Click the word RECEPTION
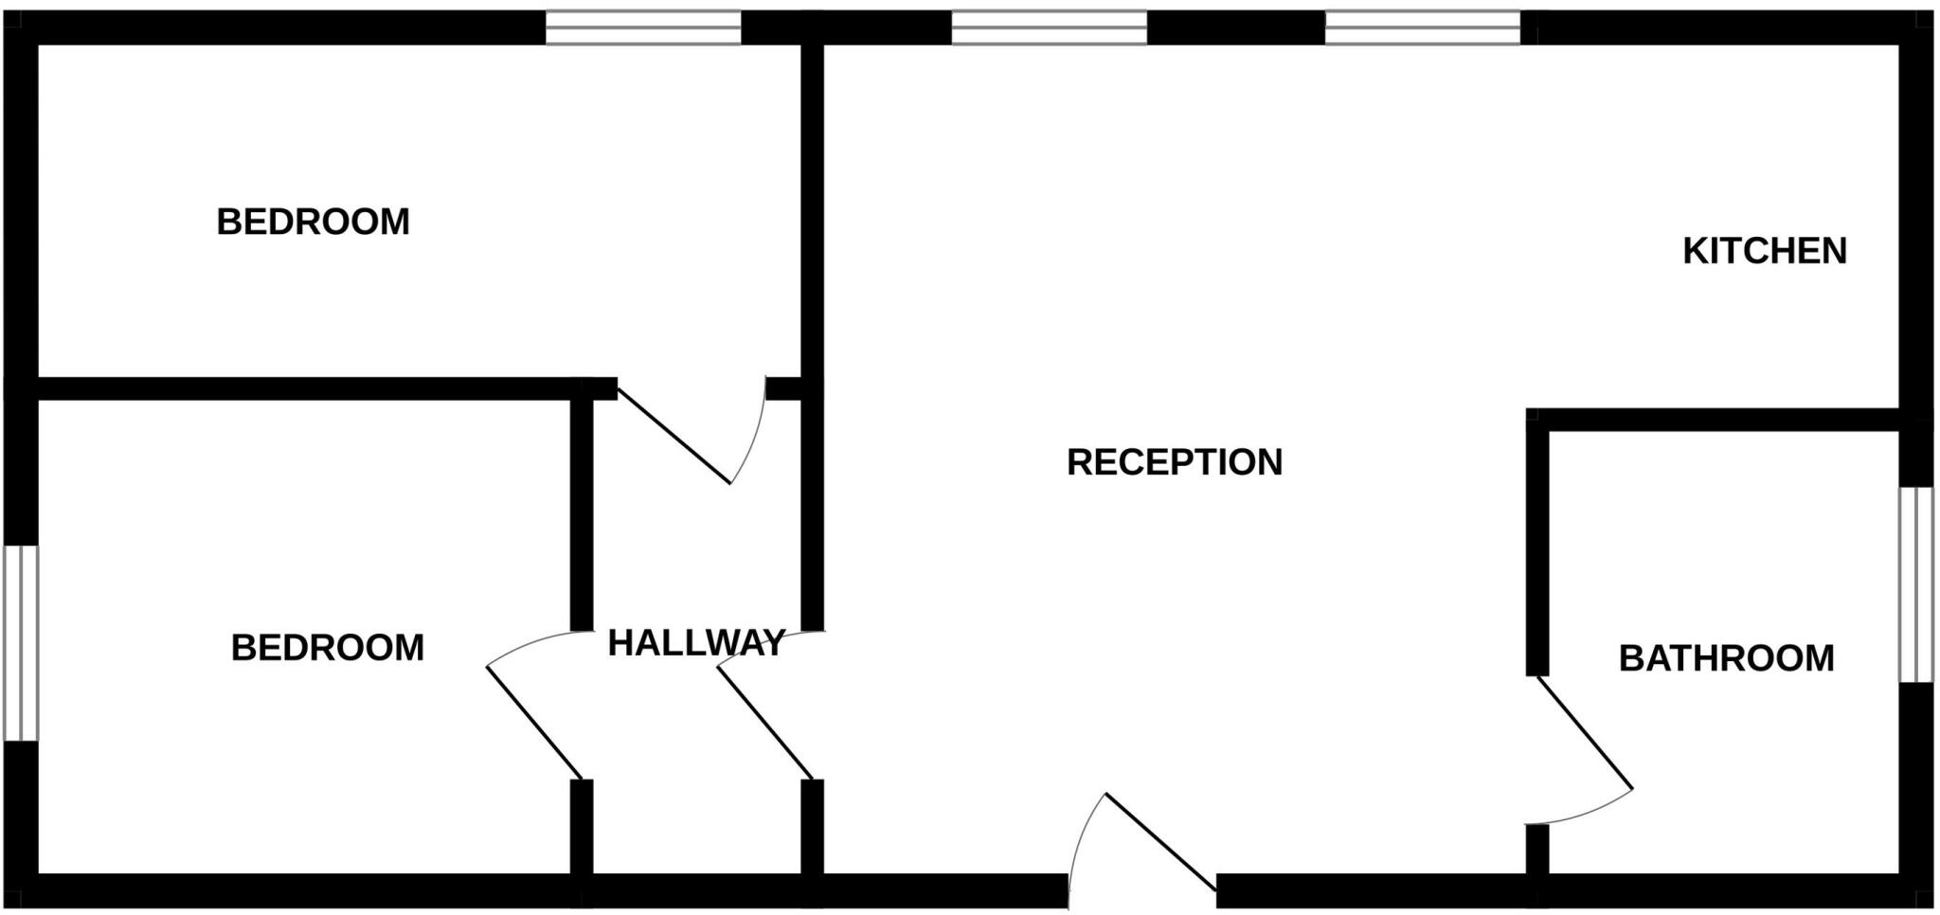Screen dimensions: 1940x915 pyautogui.click(x=1175, y=462)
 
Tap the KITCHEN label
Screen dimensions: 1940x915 pyautogui.click(x=1765, y=251)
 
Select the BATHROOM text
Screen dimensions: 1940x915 pyautogui.click(x=1726, y=658)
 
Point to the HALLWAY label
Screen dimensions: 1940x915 pyautogui.click(x=696, y=643)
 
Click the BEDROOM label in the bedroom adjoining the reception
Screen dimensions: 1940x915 pyautogui.click(x=313, y=222)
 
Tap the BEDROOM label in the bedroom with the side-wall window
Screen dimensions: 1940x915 pyautogui.click(x=327, y=648)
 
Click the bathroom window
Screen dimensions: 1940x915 pyautogui.click(x=1916, y=584)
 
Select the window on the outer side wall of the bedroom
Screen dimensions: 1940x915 pyautogui.click(x=21, y=643)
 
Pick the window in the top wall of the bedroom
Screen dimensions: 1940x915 pyautogui.click(x=643, y=27)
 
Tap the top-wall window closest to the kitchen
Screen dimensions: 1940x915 pyautogui.click(x=1423, y=27)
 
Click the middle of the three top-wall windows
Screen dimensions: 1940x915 pyautogui.click(x=1050, y=27)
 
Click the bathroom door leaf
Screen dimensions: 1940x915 pyautogui.click(x=1585, y=732)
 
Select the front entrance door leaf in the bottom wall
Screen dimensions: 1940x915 pyautogui.click(x=1160, y=842)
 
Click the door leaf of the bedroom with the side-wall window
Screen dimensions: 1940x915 pyautogui.click(x=534, y=723)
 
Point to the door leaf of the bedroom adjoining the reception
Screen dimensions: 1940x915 pyautogui.click(x=674, y=436)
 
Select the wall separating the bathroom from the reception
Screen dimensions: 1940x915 pyautogui.click(x=1537, y=543)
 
